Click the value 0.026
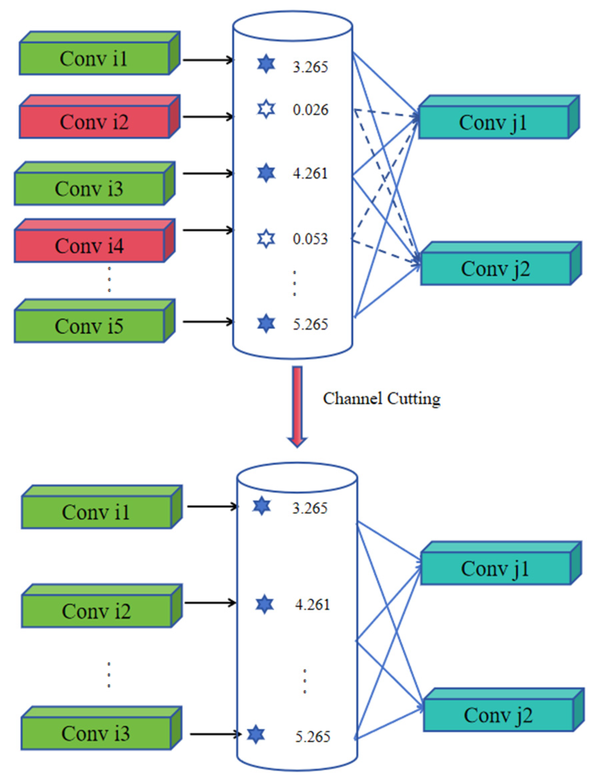coord(311,110)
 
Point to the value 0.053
coord(311,239)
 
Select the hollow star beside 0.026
coord(266,109)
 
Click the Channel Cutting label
coord(382,399)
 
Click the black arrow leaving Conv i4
coord(208,230)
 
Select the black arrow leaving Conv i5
coord(208,322)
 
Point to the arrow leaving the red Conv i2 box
coord(208,117)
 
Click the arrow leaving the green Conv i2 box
coord(210,603)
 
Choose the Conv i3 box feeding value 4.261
coord(89,189)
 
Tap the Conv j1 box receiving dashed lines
coord(494,122)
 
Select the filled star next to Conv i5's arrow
coord(266,324)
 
